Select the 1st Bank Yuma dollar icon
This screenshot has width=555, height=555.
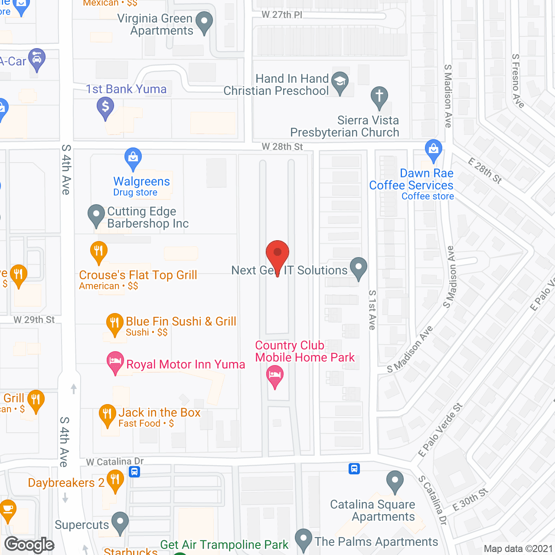coord(105,106)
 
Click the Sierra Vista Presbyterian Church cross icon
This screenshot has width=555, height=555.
coord(379,96)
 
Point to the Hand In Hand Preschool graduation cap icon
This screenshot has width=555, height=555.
coord(340,81)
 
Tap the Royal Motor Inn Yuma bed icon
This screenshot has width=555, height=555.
coord(115,361)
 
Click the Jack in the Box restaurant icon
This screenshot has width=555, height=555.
coord(107,414)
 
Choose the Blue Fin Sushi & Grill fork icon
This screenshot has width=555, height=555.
coord(114,323)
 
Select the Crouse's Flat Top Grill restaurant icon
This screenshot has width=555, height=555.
coord(98,251)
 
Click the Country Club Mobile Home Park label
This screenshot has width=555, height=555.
coord(304,351)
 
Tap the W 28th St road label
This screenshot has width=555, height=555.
coord(282,147)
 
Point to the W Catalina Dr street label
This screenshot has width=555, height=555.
coord(115,462)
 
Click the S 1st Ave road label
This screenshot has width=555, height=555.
coord(372,310)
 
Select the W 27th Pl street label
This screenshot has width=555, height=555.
coord(282,15)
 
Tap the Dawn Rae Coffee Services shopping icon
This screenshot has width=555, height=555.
coord(433,149)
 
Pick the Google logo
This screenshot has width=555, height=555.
coord(29,545)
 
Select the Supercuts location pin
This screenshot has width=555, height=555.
coord(120,522)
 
